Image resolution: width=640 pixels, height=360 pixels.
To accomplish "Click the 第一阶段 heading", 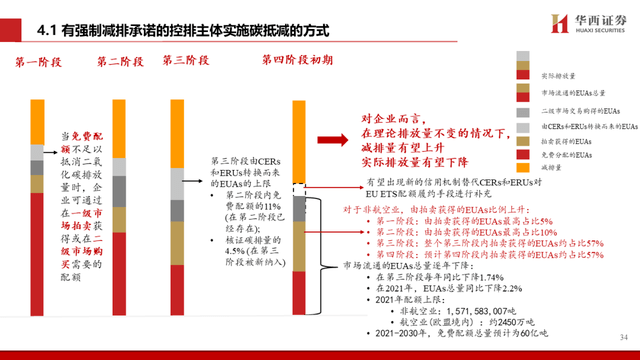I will click(x=40, y=62).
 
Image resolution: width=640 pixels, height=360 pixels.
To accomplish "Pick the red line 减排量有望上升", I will click(x=388, y=144).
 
